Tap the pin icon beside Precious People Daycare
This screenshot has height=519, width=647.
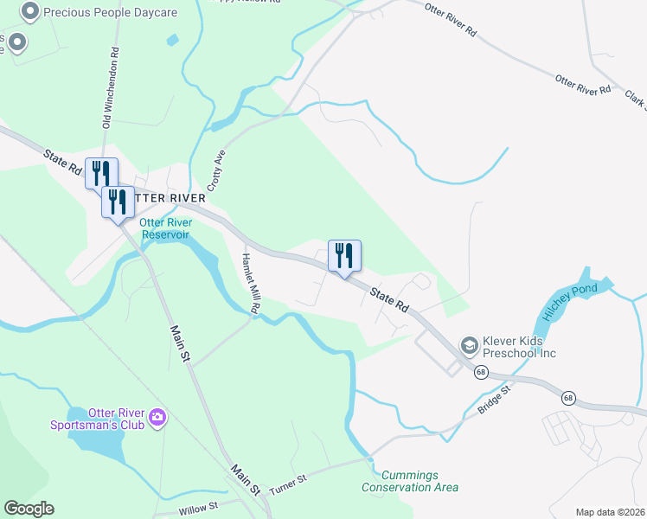30,12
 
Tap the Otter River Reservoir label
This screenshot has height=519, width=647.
165,228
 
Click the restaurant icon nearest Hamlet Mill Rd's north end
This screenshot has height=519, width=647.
344,256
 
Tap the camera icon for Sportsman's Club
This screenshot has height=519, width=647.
157,419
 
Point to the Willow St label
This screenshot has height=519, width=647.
198,508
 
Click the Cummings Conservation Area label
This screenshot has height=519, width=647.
410,481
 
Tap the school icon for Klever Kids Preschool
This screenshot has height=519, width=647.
470,346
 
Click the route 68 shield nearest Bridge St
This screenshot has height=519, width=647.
481,371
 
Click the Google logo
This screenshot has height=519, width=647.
29,509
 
